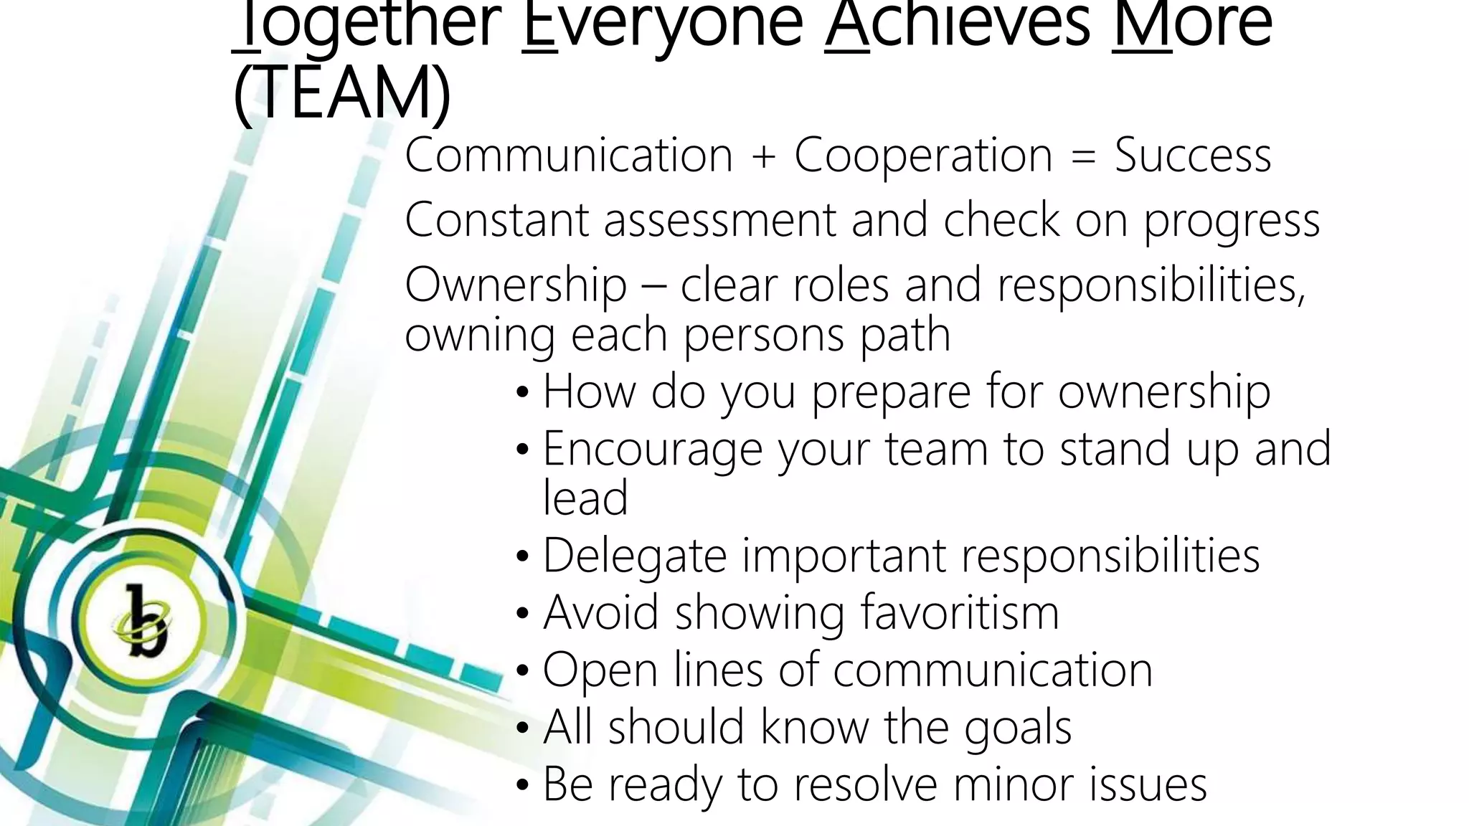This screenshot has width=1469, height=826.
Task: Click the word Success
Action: click(x=1192, y=156)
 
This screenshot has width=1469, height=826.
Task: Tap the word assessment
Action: click(x=719, y=220)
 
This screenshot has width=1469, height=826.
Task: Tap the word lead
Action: click(x=585, y=498)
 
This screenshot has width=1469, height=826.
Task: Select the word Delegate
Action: click(x=634, y=557)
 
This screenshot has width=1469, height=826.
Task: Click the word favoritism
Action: click(x=959, y=613)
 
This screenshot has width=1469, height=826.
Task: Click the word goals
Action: click(x=1018, y=729)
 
